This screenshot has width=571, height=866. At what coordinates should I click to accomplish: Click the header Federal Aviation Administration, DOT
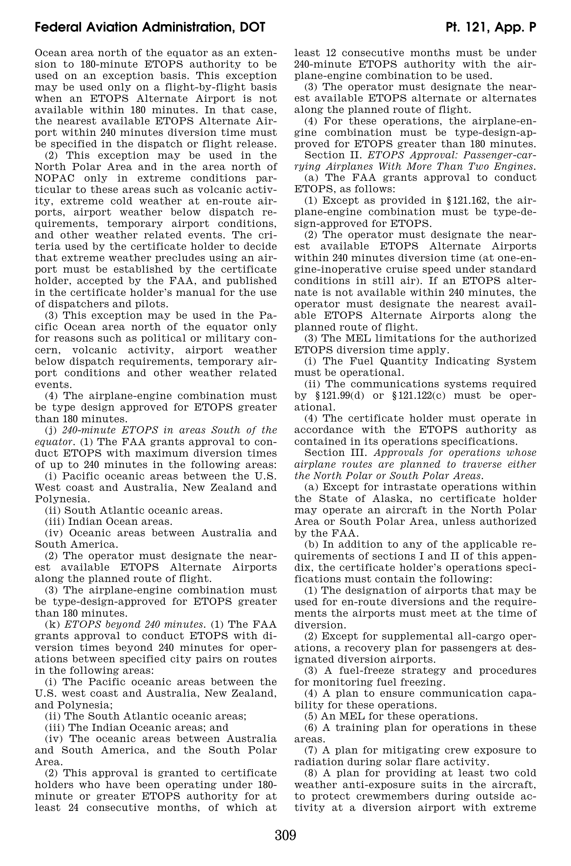150,27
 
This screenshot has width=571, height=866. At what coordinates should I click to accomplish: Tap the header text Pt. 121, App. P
491,27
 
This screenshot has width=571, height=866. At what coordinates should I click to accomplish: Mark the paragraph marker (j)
50,430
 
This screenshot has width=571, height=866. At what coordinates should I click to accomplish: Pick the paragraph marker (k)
51,624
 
